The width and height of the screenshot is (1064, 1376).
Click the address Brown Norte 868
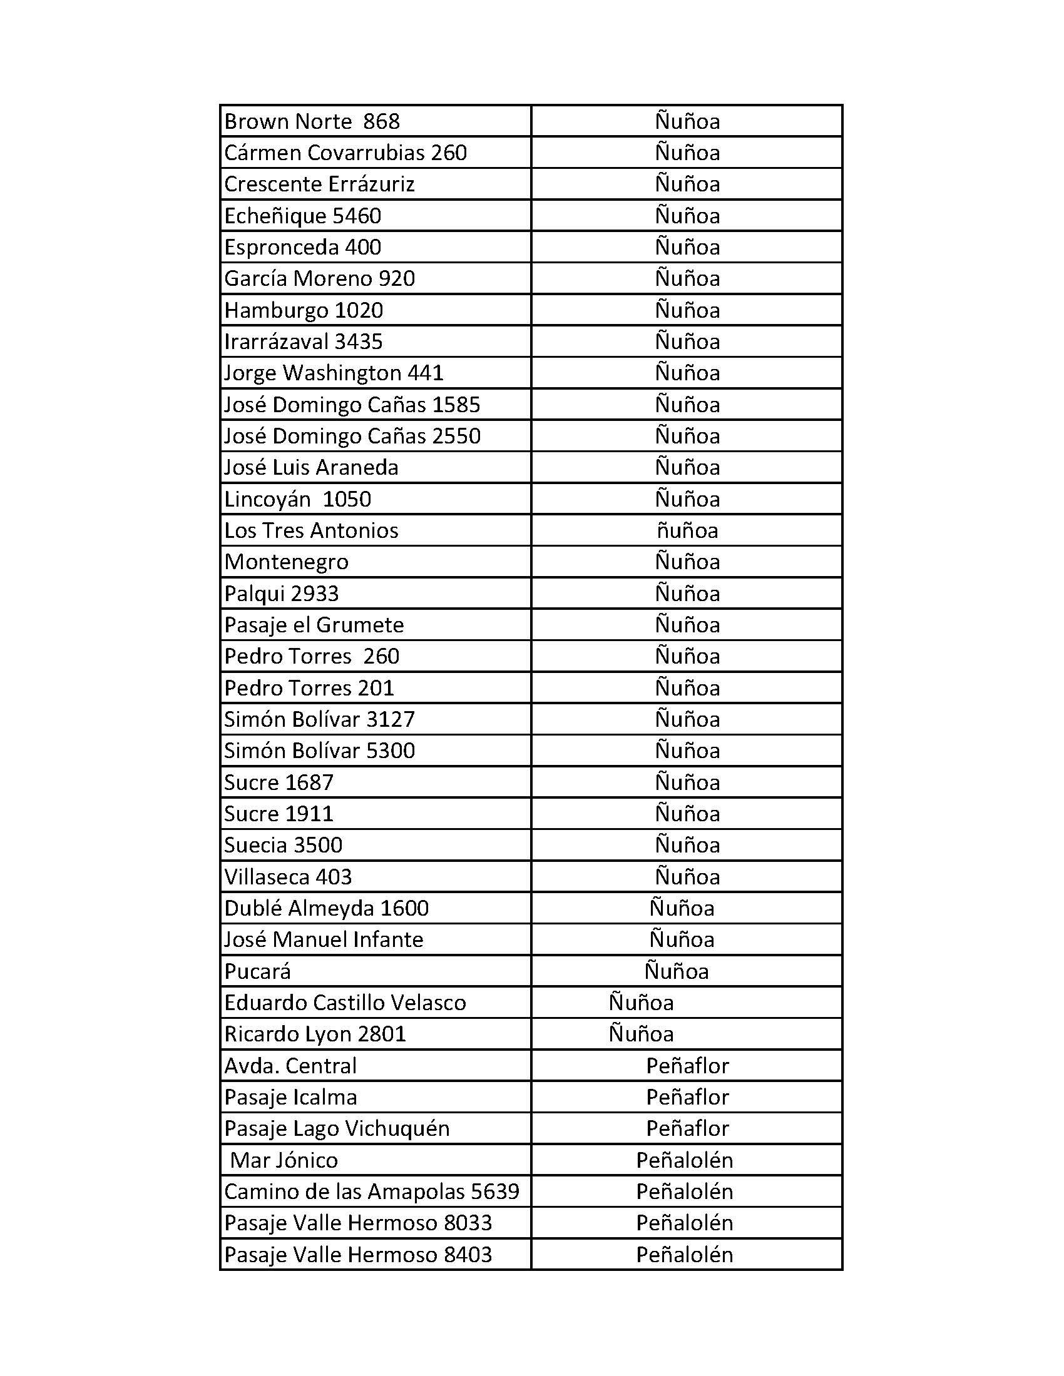pyautogui.click(x=312, y=121)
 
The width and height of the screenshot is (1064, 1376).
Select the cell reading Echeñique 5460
pyautogui.click(x=302, y=216)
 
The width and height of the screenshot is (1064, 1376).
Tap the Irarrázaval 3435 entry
pyautogui.click(x=303, y=341)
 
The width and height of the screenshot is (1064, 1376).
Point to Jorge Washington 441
pyautogui.click(x=334, y=373)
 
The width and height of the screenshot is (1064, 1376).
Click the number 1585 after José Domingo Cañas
pyautogui.click(x=456, y=405)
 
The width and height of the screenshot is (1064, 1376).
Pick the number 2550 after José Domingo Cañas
pyautogui.click(x=456, y=436)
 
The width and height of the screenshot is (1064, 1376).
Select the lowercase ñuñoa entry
pyautogui.click(x=687, y=530)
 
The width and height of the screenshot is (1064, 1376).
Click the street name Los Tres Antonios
pyautogui.click(x=312, y=530)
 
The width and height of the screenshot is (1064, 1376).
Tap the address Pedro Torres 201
pyautogui.click(x=309, y=688)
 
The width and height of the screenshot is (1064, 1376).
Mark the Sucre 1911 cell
pyautogui.click(x=279, y=814)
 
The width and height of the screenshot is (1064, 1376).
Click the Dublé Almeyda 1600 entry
pyautogui.click(x=327, y=909)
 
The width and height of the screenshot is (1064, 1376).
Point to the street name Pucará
pyautogui.click(x=258, y=971)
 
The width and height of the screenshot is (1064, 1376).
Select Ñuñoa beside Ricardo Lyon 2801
pyautogui.click(x=641, y=1035)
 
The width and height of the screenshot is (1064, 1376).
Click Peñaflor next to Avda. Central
pyautogui.click(x=687, y=1066)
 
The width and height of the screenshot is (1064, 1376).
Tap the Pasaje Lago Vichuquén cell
pyautogui.click(x=337, y=1128)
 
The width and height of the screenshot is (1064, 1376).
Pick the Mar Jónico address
pyautogui.click(x=284, y=1160)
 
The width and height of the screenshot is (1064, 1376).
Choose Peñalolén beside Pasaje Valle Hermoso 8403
pyautogui.click(x=685, y=1255)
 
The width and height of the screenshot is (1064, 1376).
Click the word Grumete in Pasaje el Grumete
pyautogui.click(x=359, y=625)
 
